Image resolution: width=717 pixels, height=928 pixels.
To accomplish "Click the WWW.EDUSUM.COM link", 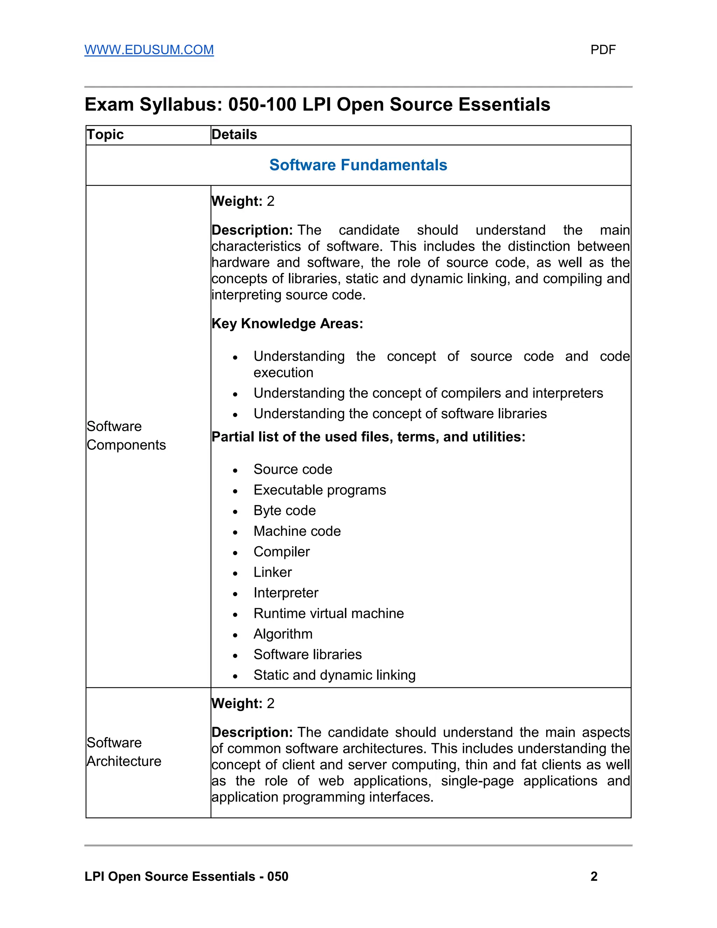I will [149, 50].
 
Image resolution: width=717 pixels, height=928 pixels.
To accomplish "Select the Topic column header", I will [105, 135].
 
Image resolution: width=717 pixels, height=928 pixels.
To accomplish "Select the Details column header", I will [234, 135].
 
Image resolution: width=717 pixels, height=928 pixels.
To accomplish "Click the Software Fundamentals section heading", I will [358, 165].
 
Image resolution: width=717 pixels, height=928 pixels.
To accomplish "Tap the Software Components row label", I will [126, 436].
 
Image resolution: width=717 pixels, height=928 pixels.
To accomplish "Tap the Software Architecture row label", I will [124, 752].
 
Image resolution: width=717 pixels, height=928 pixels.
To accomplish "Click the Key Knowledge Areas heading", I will [287, 323].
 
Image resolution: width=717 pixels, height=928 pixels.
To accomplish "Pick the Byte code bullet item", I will [284, 510].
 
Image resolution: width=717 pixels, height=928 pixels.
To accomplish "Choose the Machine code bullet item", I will [297, 531].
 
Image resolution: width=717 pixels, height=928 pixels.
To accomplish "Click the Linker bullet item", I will [272, 572].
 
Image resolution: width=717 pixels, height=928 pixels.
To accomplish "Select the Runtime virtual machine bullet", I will [328, 613].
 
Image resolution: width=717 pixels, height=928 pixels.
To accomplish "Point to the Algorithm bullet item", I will [283, 634].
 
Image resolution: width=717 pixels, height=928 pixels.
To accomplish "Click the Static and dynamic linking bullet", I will [334, 675].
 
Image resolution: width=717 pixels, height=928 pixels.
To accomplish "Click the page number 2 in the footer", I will [594, 876].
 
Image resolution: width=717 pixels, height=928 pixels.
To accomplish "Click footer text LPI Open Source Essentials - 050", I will [186, 876].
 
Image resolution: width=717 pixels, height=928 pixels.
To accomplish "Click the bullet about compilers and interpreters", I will [428, 393].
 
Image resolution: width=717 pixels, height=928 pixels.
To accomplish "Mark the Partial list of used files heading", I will [368, 437].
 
